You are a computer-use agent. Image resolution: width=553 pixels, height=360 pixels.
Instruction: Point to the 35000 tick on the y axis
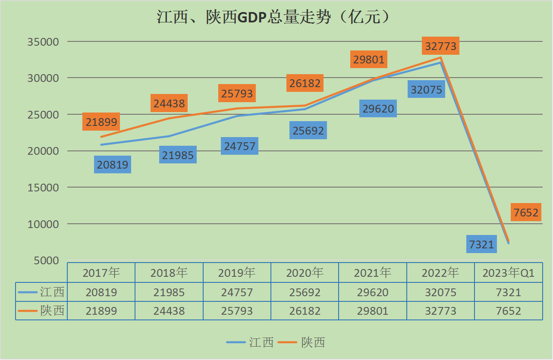tap(43, 42)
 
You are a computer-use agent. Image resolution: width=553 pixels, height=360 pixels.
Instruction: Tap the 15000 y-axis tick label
tap(43, 188)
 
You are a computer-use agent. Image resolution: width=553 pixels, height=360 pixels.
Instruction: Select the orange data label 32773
tap(441, 46)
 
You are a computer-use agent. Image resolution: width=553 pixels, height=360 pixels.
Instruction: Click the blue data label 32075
tap(426, 89)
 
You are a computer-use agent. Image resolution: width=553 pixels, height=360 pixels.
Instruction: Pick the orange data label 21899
tap(101, 122)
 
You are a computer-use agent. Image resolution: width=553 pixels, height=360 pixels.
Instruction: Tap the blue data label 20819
tap(113, 165)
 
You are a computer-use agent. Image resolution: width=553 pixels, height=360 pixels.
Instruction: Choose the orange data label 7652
tap(526, 212)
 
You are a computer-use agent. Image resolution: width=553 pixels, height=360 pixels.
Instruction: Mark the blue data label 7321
tap(482, 244)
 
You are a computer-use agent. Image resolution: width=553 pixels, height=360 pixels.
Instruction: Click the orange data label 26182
tap(305, 83)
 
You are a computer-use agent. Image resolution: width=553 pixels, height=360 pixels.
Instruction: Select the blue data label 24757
tap(240, 146)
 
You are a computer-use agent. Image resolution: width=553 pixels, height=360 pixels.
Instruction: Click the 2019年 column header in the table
tap(237, 272)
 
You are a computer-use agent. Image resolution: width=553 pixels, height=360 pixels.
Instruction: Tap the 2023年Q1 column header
tap(509, 272)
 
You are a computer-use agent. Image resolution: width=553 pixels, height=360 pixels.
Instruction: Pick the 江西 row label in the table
tap(52, 292)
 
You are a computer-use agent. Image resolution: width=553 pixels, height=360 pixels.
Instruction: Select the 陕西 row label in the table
tap(52, 311)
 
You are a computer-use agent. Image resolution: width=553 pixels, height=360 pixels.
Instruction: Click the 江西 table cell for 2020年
tap(305, 292)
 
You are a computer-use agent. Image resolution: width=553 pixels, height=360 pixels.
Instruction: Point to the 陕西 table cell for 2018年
tap(169, 311)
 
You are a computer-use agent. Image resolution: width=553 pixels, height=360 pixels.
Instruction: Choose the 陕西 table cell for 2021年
tap(373, 311)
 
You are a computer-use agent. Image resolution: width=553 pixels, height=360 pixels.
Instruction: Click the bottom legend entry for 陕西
tap(302, 342)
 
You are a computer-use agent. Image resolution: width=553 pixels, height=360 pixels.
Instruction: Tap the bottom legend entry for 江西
tap(250, 342)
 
